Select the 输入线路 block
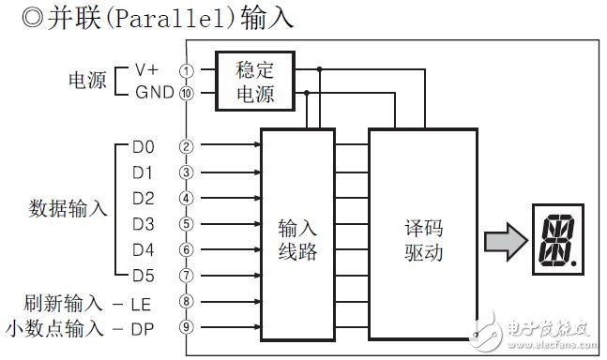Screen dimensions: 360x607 click(x=296, y=239)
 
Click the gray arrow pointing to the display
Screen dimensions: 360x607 click(x=505, y=241)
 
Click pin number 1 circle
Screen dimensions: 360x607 click(x=187, y=70)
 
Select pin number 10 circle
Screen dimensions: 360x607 click(x=187, y=94)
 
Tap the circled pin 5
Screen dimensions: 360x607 click(x=187, y=223)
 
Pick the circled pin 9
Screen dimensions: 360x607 click(x=187, y=327)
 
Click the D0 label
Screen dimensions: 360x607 click(x=144, y=146)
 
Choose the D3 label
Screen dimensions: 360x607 click(x=144, y=223)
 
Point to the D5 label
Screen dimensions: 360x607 click(x=144, y=276)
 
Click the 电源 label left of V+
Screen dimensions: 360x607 click(x=89, y=82)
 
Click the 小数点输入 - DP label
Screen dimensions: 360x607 click(x=79, y=327)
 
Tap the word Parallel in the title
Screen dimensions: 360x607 click(x=158, y=18)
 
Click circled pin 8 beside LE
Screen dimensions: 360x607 click(x=187, y=302)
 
